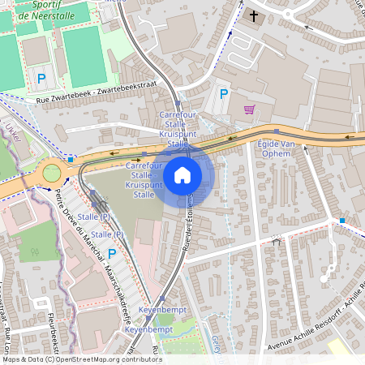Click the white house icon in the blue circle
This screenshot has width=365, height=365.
pos(182,174)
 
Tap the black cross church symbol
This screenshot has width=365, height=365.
pos(254,15)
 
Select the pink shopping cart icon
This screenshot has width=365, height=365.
pos(249,109)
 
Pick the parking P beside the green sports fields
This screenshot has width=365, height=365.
pos(41,79)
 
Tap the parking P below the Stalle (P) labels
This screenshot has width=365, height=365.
pos(112,254)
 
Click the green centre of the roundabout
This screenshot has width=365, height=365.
pos(52,173)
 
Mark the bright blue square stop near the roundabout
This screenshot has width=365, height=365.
pos(71,159)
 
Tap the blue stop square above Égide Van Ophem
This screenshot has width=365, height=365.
pos(277,131)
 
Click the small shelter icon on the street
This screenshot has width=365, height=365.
pos(277,241)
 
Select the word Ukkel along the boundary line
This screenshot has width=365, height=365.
pos(11,131)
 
